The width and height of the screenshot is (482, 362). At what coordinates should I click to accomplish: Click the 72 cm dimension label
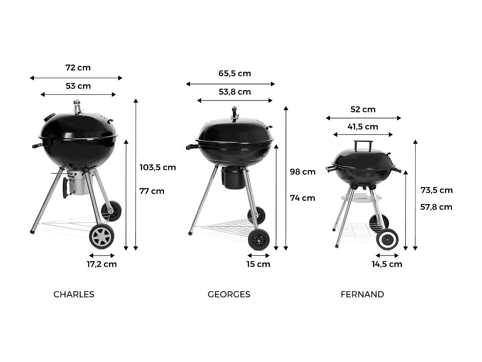click(78, 68)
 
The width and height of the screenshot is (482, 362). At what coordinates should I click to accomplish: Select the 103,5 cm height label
click(157, 167)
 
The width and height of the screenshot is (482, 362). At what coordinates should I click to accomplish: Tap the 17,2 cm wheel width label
click(102, 264)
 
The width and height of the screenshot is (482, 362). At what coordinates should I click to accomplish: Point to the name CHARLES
click(74, 294)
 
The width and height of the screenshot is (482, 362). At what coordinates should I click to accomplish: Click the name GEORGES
click(229, 294)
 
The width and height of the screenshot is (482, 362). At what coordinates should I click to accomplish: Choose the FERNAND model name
click(362, 294)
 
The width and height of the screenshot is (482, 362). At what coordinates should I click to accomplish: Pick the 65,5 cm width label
click(235, 73)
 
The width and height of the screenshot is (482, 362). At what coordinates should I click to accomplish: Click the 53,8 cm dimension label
click(235, 92)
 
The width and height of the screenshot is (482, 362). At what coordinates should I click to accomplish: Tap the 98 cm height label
click(302, 172)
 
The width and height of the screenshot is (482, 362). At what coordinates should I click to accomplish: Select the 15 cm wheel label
click(258, 264)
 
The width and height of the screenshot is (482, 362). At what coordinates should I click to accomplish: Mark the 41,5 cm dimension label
click(362, 127)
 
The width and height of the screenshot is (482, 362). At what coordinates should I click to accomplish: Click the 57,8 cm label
click(436, 207)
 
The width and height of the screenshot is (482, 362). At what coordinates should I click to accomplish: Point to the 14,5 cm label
click(387, 264)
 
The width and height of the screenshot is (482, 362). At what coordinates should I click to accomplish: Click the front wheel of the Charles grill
click(102, 237)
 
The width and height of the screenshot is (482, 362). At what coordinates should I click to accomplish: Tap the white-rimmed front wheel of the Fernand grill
click(387, 239)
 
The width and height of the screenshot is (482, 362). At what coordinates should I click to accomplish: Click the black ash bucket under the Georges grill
click(233, 179)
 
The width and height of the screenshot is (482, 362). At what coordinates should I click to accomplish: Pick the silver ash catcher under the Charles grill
click(77, 183)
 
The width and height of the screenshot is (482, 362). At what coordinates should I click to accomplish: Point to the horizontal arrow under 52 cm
click(363, 118)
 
